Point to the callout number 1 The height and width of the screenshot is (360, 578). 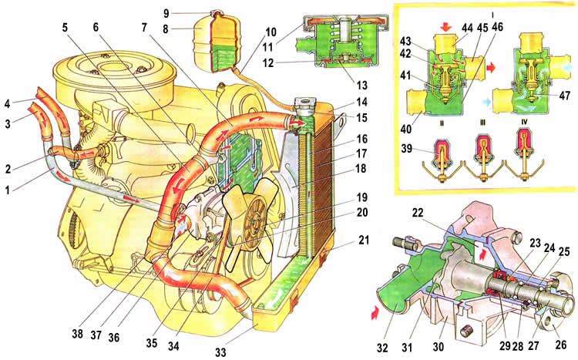click(7, 187)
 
